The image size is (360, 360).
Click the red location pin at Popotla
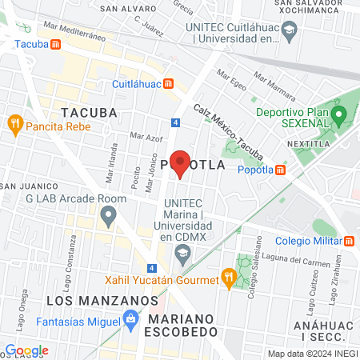tap(180, 162)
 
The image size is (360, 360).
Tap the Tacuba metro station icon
tap(54, 44)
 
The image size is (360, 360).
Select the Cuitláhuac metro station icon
tap(168, 83)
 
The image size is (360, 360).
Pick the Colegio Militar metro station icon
tap(350, 241)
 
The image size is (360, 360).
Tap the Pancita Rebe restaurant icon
tap(14, 125)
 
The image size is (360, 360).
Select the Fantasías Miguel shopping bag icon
tap(130, 319)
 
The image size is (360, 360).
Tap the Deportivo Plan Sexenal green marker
tap(338, 117)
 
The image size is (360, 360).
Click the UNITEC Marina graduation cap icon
tap(182, 254)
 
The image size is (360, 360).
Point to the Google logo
tap(26, 350)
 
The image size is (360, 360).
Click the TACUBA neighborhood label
tap(88, 113)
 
